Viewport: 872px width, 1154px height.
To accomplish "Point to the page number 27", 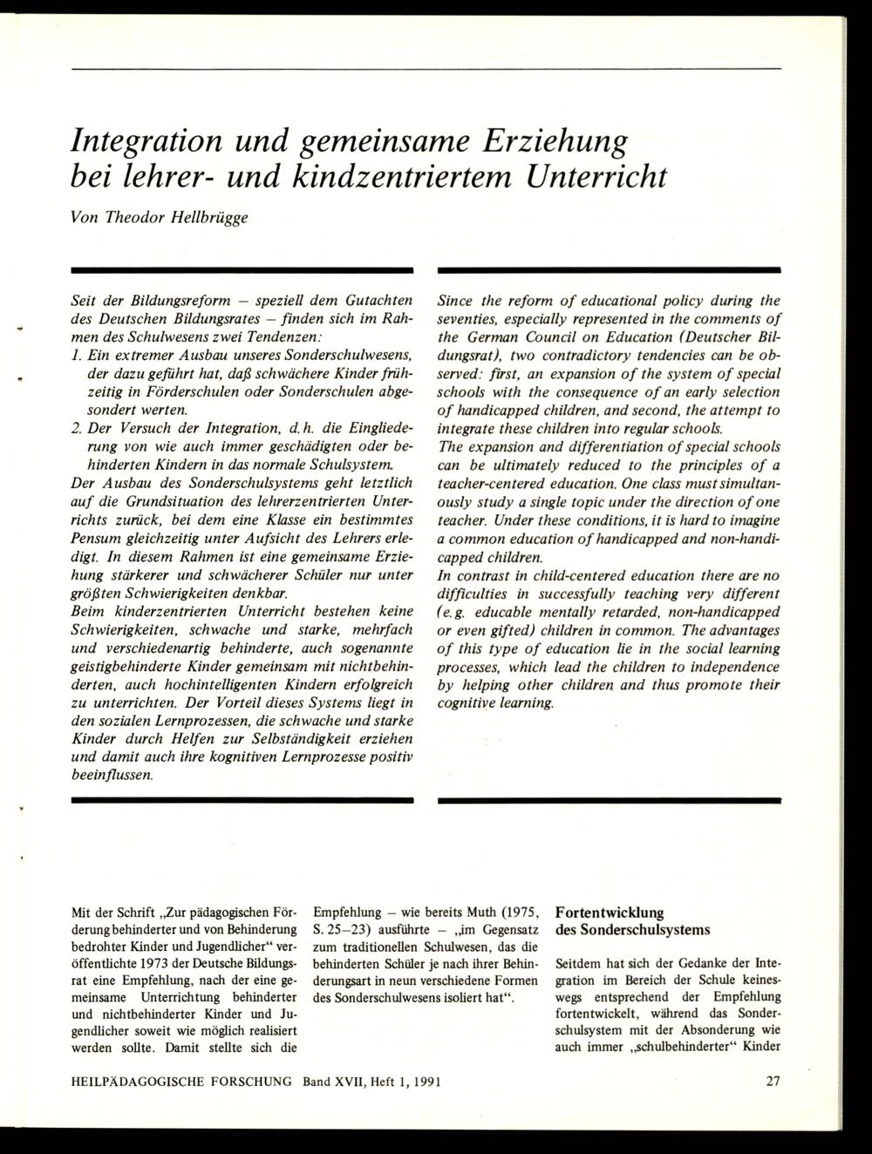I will (773, 1082).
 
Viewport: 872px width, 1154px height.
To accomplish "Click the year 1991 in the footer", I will (423, 1082).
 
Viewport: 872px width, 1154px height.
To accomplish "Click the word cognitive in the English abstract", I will (468, 703).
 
